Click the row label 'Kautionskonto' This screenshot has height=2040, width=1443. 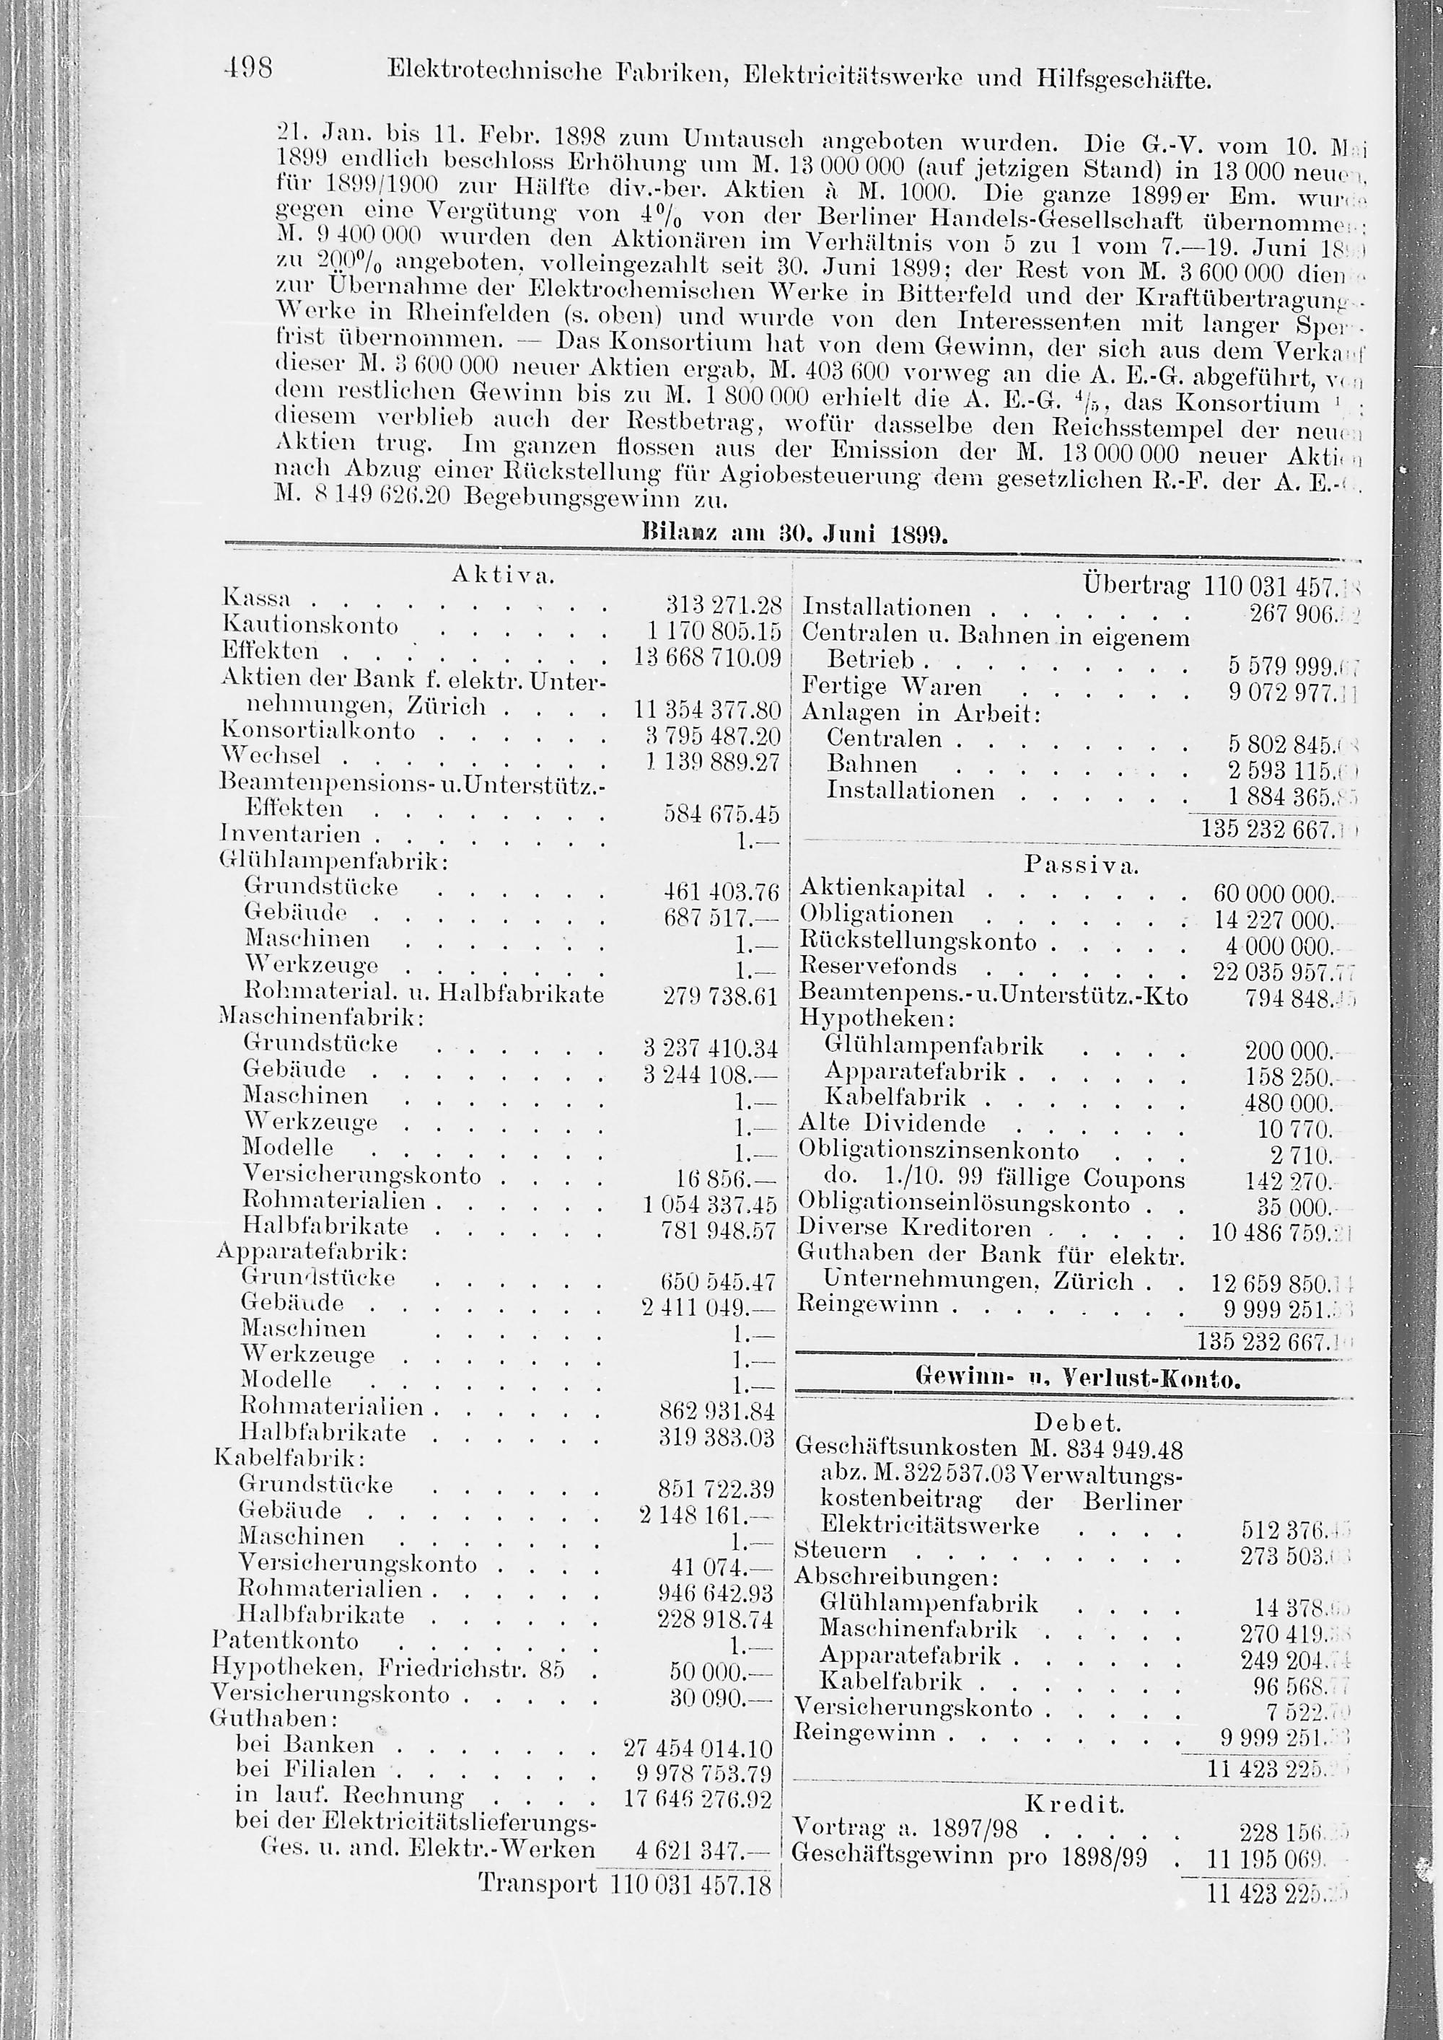[310, 625]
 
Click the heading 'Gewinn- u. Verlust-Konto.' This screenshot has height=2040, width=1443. [1077, 1379]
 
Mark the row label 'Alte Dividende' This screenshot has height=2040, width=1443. [892, 1124]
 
